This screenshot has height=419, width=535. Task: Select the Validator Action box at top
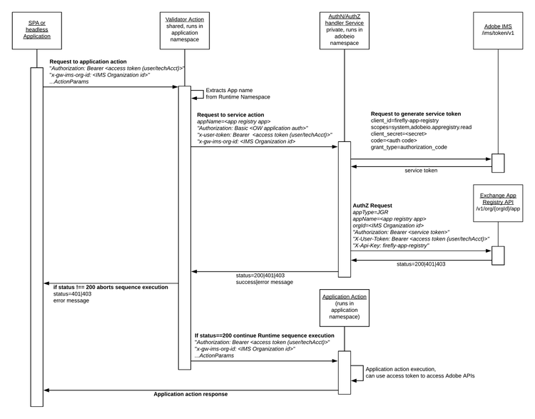(x=184, y=29)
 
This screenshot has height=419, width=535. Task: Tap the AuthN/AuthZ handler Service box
(x=344, y=29)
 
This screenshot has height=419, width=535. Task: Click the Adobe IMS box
(x=497, y=29)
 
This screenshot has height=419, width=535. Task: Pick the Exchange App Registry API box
(x=497, y=203)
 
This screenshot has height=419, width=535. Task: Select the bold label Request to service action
(x=230, y=114)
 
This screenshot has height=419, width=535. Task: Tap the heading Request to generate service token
(x=415, y=114)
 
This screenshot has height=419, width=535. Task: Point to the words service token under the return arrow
(x=421, y=171)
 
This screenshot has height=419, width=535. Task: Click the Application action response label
(x=190, y=394)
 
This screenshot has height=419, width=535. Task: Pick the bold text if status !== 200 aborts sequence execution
(x=111, y=286)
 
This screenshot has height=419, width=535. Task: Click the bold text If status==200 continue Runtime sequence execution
(x=264, y=335)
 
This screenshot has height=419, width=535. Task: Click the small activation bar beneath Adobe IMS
(x=497, y=163)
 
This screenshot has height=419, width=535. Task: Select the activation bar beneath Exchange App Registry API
(x=497, y=255)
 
